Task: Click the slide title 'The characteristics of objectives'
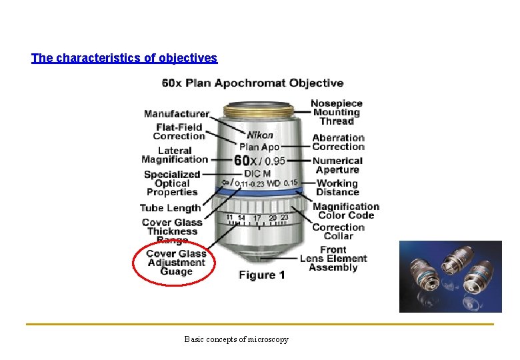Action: tap(124, 58)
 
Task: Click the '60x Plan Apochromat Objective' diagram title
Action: tap(253, 83)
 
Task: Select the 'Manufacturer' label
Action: tap(176, 114)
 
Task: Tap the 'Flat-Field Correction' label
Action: tap(179, 132)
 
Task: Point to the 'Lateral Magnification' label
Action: tap(175, 155)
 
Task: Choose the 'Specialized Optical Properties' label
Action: tap(171, 183)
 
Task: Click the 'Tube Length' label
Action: tap(170, 208)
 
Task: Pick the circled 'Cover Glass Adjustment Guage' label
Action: tap(176, 263)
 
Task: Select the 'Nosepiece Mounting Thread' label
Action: tap(337, 112)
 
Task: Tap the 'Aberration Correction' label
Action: tap(338, 142)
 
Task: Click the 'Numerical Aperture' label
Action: tap(337, 165)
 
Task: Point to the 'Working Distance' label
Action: tap(337, 187)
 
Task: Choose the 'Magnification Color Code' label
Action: tap(345, 211)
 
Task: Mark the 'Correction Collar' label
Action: tap(338, 231)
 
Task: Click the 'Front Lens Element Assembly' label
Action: tap(333, 259)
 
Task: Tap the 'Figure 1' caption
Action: tap(261, 275)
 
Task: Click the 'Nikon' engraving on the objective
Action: tap(260, 135)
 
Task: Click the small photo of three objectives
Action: tap(450, 277)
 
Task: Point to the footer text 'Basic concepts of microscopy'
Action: tap(237, 340)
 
